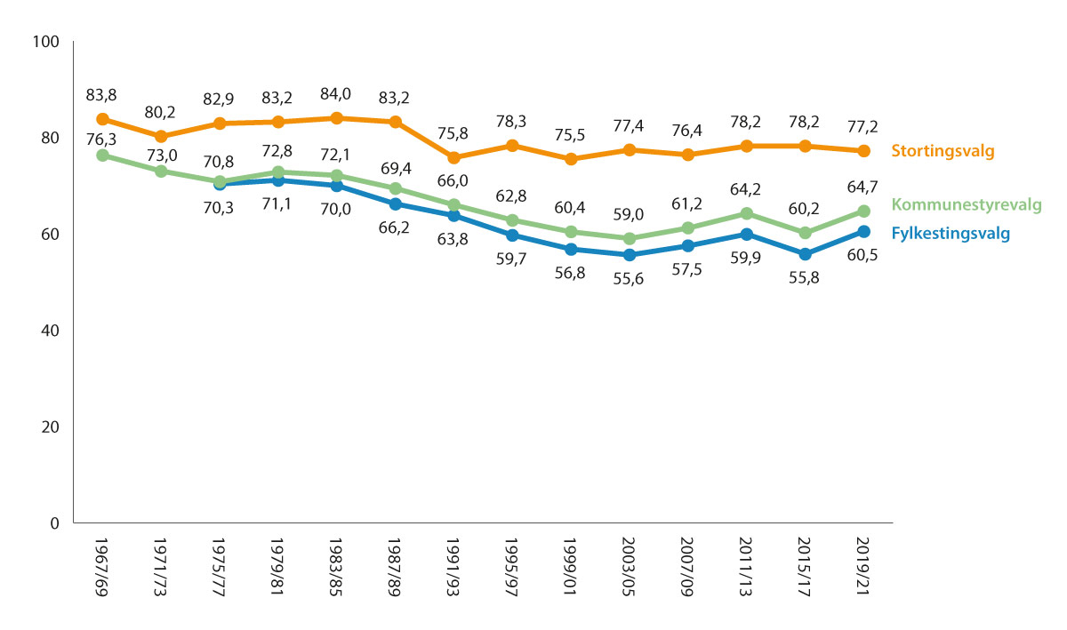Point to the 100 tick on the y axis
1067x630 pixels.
[44, 42]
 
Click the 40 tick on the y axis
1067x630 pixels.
[48, 331]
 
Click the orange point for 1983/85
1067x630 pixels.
[336, 118]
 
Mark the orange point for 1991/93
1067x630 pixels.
[453, 157]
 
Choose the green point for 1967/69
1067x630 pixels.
[102, 156]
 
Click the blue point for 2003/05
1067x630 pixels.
[630, 255]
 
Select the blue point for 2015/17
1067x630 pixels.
[805, 254]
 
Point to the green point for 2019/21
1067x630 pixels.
[863, 211]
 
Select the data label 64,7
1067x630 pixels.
[863, 187]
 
